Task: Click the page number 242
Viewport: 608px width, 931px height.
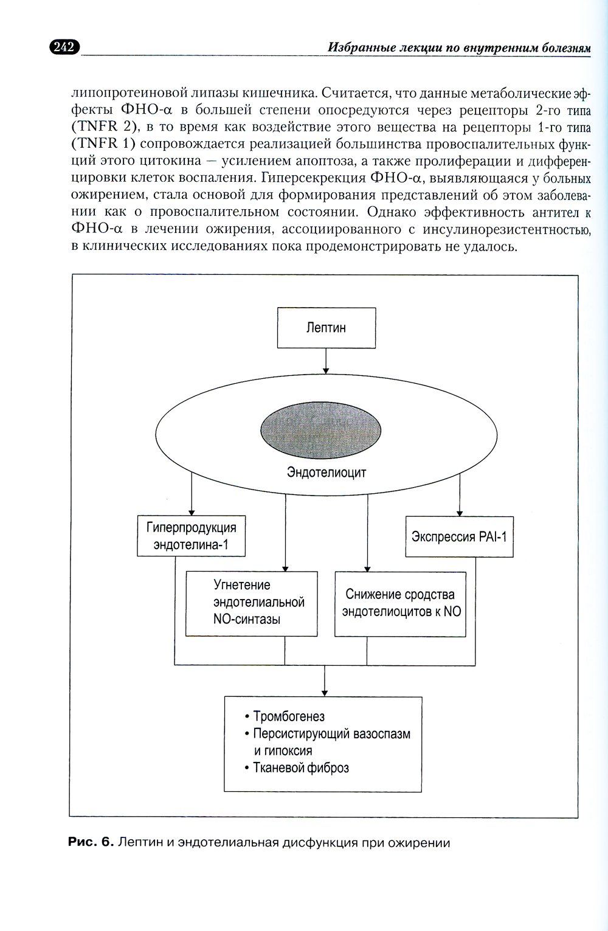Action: [x=64, y=47]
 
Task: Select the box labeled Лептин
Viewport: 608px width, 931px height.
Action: [x=326, y=328]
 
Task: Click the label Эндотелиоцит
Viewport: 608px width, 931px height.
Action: [x=326, y=472]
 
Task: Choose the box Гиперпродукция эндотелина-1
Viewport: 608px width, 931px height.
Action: [x=191, y=536]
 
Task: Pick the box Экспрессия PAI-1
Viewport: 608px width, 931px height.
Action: [x=459, y=536]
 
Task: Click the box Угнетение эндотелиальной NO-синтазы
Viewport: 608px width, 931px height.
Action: [x=252, y=603]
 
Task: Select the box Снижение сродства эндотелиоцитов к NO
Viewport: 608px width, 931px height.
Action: [x=401, y=603]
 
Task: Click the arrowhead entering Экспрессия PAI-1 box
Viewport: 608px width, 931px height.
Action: [x=459, y=512]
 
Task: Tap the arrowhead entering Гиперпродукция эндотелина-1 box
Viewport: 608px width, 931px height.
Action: [x=192, y=512]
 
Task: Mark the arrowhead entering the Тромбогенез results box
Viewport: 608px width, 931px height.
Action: [x=325, y=692]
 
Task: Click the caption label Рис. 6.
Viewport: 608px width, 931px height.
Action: [x=91, y=842]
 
